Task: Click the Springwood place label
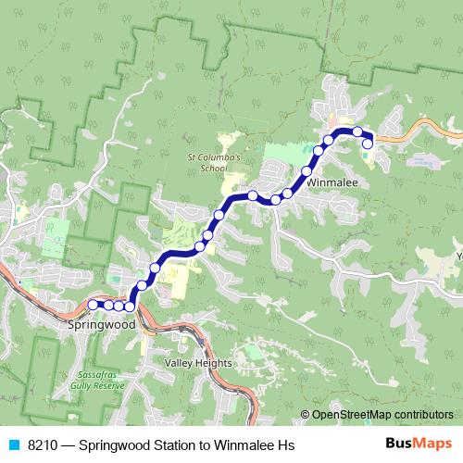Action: (x=102, y=326)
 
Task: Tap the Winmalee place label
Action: (x=332, y=182)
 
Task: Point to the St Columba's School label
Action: (x=214, y=162)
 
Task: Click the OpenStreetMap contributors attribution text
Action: (x=382, y=415)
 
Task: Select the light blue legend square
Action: (x=13, y=445)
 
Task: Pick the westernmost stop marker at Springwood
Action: (x=94, y=304)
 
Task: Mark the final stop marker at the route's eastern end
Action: (x=368, y=144)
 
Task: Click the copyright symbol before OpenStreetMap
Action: (x=306, y=415)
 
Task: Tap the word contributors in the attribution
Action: (x=422, y=415)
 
